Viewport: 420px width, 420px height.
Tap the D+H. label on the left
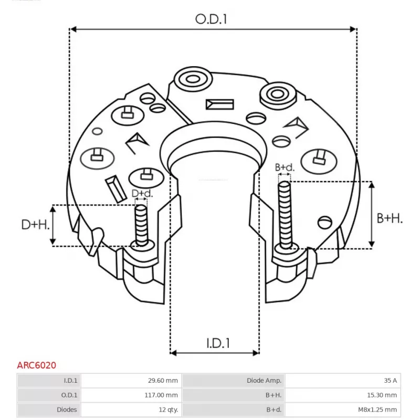[x=36, y=225]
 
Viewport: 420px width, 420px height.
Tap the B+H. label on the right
[x=390, y=218]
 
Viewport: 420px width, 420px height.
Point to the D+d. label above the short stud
[x=142, y=194]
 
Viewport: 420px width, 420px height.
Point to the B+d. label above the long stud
[x=285, y=167]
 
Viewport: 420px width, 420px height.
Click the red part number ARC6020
[x=37, y=365]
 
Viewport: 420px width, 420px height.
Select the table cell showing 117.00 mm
[x=131, y=395]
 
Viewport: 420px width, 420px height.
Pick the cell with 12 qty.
[x=131, y=409]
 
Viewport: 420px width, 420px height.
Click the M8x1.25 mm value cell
[x=341, y=409]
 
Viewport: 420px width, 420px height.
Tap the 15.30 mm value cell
[x=341, y=395]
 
